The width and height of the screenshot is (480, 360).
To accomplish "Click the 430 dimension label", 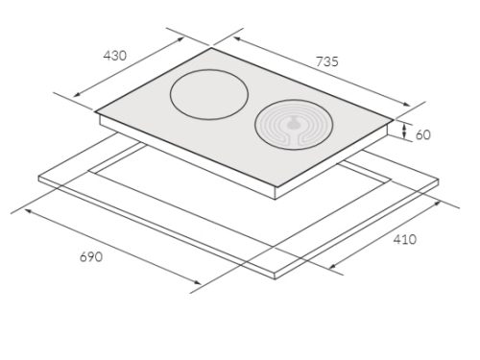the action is [115, 56].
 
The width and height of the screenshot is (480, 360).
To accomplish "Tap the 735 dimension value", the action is [326, 61].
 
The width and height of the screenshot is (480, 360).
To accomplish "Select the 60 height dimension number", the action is [423, 135].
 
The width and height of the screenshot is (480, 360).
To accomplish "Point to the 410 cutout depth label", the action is [404, 239].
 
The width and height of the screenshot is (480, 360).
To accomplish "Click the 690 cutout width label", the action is [91, 257].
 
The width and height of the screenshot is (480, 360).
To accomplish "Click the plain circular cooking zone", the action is [209, 95].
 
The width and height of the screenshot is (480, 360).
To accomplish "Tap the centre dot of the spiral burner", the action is [292, 125].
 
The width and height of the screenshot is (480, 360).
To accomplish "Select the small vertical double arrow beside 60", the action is [404, 132].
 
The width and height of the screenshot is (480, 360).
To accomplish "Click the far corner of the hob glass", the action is [211, 48].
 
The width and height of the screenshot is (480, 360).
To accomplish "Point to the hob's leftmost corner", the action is [95, 111].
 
